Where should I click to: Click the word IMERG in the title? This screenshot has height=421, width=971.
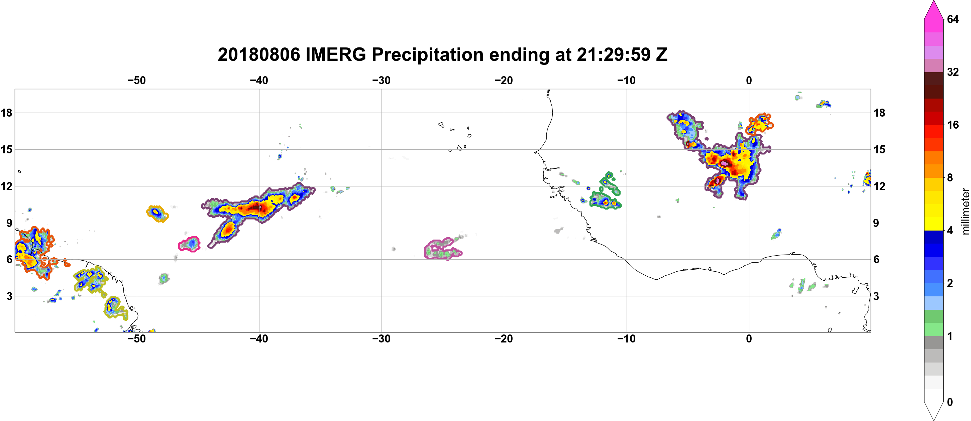pyautogui.click(x=335, y=54)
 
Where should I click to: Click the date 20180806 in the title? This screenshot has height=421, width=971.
pyautogui.click(x=258, y=54)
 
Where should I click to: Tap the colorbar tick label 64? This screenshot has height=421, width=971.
pyautogui.click(x=953, y=19)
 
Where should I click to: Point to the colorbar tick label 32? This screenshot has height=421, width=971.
pyautogui.click(x=953, y=72)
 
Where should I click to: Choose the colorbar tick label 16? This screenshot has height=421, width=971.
pyautogui.click(x=953, y=125)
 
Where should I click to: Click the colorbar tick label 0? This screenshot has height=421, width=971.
pyautogui.click(x=950, y=402)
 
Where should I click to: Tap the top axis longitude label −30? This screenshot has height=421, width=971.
pyautogui.click(x=382, y=81)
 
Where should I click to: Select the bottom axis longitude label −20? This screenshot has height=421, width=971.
pyautogui.click(x=504, y=339)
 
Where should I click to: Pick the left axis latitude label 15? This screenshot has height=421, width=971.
pyautogui.click(x=6, y=149)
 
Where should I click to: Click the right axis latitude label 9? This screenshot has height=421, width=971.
pyautogui.click(x=876, y=223)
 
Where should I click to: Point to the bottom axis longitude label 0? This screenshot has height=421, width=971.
pyautogui.click(x=749, y=339)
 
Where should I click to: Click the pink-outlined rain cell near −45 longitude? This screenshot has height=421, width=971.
pyautogui.click(x=190, y=244)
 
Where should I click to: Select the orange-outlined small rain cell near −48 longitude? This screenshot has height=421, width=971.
pyautogui.click(x=157, y=214)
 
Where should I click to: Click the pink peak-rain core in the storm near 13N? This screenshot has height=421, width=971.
pyautogui.click(x=725, y=163)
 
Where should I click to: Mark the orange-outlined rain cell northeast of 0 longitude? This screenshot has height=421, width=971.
pyautogui.click(x=758, y=124)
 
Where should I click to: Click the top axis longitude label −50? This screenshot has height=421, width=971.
pyautogui.click(x=136, y=81)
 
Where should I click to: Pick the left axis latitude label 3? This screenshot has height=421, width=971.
pyautogui.click(x=9, y=296)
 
